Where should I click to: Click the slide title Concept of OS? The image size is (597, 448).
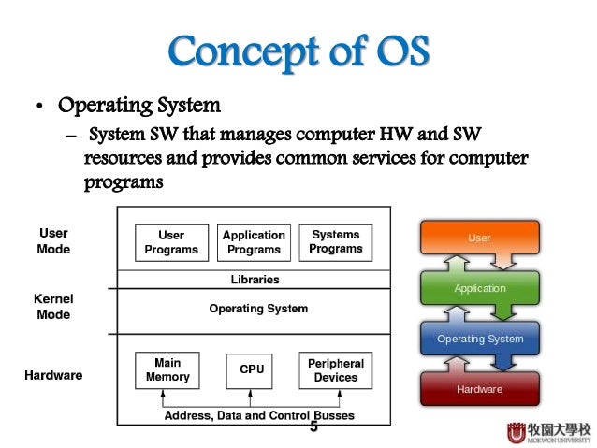(x=299, y=54)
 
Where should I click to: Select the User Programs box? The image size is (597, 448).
(x=171, y=242)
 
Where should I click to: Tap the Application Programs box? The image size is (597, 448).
(x=253, y=242)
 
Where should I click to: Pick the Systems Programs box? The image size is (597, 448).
(x=336, y=241)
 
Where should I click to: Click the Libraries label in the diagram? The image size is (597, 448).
(x=255, y=280)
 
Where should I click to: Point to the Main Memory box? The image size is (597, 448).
(x=167, y=369)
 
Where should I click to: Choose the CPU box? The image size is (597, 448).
(x=252, y=369)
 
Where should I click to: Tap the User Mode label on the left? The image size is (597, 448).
(x=52, y=241)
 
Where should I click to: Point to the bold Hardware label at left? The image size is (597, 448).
(x=52, y=375)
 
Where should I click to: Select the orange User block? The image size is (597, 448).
(x=479, y=239)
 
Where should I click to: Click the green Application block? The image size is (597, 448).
(x=479, y=289)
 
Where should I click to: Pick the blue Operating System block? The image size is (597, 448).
(x=480, y=339)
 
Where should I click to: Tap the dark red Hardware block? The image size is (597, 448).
(x=480, y=388)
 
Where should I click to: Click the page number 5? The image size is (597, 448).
(x=313, y=428)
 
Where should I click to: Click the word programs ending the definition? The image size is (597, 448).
(x=124, y=183)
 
